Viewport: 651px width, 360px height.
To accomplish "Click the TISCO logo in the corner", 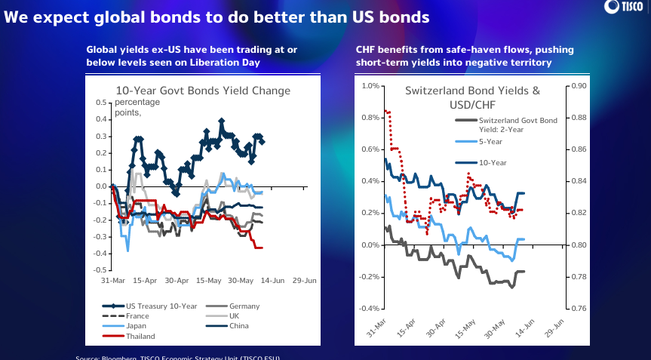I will tap(625, 7).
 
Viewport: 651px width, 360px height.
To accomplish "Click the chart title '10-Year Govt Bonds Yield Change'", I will tap(202, 91).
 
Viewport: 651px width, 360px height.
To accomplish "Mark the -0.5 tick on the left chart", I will tap(102, 269).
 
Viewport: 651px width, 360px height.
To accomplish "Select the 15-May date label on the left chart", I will tap(209, 281).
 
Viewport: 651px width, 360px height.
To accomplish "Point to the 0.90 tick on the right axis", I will tap(579, 86).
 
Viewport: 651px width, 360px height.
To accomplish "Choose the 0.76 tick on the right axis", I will tap(579, 309).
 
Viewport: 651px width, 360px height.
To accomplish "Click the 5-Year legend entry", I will tap(491, 142).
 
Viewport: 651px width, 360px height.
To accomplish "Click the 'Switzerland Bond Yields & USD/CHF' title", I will tap(473, 97).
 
